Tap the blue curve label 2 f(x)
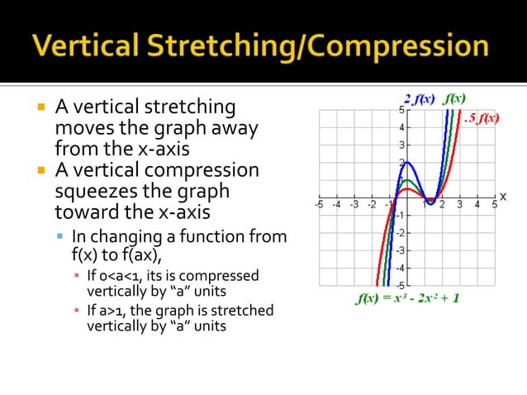[419, 100]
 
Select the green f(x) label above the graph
[454, 98]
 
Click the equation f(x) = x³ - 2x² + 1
[407, 298]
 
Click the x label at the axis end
[502, 197]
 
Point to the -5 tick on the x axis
[319, 204]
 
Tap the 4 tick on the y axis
[401, 127]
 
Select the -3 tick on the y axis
[400, 250]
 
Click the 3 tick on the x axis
[459, 204]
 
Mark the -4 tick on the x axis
[336, 204]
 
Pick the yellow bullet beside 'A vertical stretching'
[39, 107]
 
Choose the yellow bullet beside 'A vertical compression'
[39, 171]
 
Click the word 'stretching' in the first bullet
[191, 107]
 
